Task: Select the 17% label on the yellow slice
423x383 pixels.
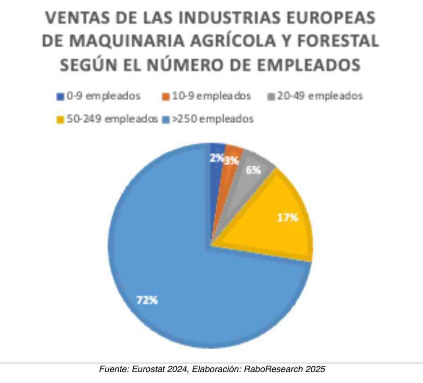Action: [288, 218]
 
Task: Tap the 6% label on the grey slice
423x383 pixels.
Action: [258, 170]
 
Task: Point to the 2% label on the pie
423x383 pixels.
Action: [216, 158]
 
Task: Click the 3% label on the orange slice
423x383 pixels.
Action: [231, 161]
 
